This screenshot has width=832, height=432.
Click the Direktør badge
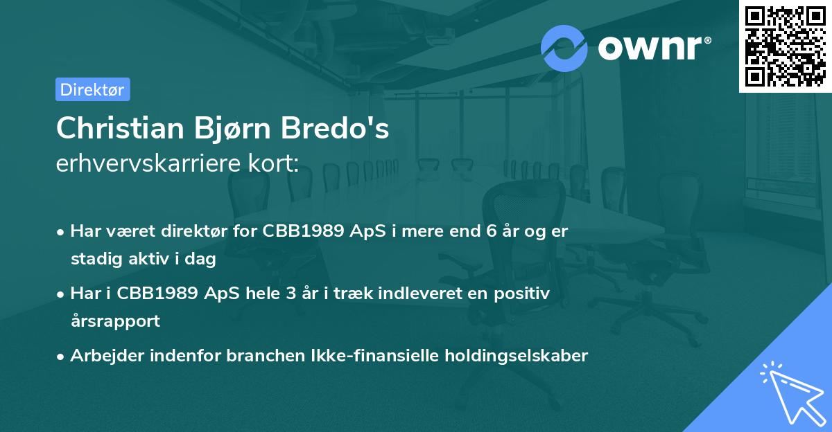[x=92, y=89]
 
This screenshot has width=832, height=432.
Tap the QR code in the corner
[x=785, y=46]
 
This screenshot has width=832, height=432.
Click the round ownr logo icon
[x=564, y=48]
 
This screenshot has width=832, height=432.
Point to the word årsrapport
[x=115, y=321]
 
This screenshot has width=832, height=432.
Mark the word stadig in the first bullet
[x=93, y=260]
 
